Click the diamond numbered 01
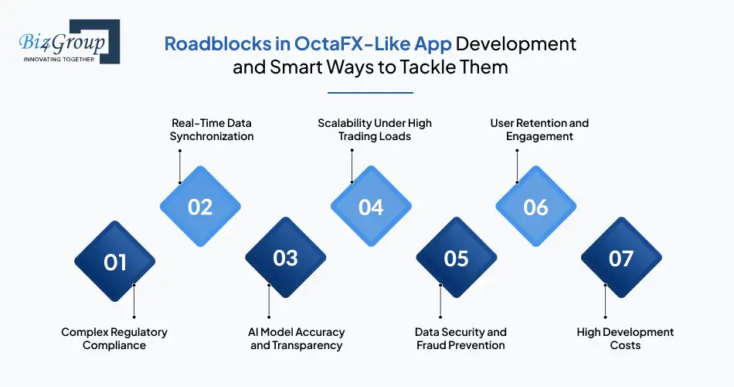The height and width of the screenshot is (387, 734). pos(115,262)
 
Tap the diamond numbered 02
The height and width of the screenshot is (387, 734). pos(200,207)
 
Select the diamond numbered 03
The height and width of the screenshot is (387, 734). pos(285,258)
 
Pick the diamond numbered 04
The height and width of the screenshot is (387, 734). pos(371,207)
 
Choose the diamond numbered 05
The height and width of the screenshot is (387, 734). pos(456,258)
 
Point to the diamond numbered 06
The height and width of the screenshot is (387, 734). pos(535,207)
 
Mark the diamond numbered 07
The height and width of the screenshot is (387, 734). pos(620,258)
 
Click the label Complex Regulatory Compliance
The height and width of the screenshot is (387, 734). pos(114,338)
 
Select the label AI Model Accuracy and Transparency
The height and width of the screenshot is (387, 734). pos(297,338)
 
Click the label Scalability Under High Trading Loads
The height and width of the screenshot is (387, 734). pos(375,129)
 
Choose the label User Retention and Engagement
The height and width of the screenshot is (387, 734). pos(539,129)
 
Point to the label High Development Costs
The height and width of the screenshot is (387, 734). pos(625,338)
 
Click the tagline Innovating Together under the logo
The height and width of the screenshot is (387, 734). pos(59,59)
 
